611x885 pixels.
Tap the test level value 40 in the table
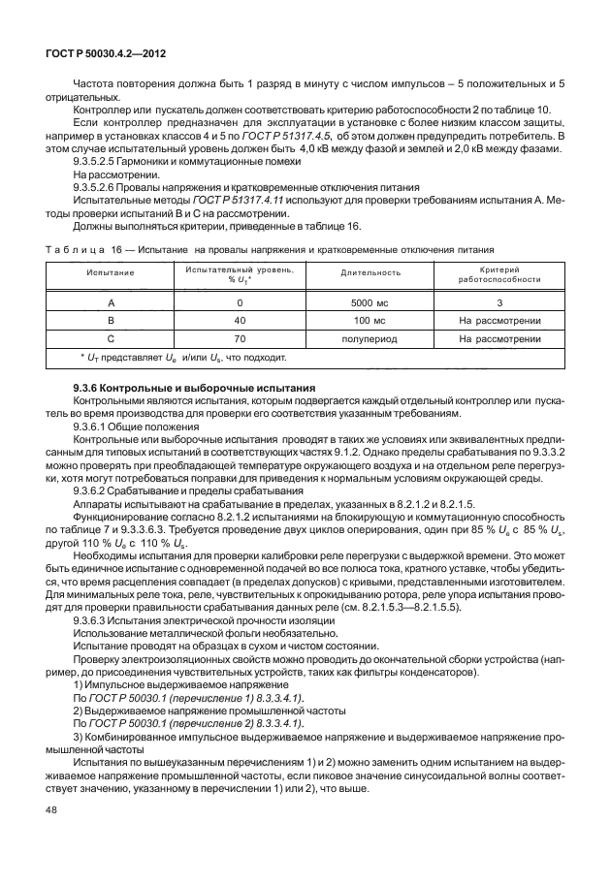click(239, 321)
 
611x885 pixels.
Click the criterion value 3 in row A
click(498, 302)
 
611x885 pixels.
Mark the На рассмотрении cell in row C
click(498, 339)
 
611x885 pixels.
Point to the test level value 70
click(239, 339)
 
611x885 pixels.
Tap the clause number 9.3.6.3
click(96, 617)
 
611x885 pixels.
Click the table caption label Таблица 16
click(85, 248)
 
